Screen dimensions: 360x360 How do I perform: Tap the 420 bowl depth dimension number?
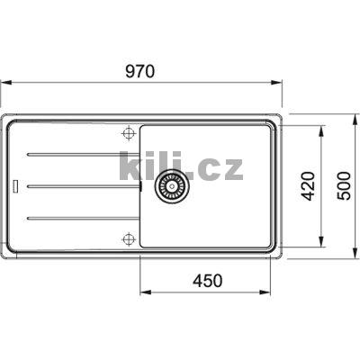(307, 185)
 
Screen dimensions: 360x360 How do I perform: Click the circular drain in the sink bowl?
(169, 185)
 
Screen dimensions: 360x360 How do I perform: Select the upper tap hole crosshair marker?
(128, 134)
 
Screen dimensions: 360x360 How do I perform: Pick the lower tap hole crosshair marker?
(128, 238)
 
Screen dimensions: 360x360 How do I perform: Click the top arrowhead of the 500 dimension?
(351, 117)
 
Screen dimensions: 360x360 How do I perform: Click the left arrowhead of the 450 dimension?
(144, 292)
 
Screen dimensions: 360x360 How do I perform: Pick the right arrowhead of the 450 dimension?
(270, 292)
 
